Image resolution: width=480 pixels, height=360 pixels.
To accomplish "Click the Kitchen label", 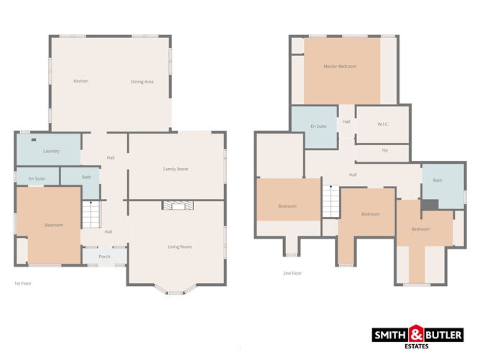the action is coord(81,81).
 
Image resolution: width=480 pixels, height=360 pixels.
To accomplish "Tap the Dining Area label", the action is coord(142,82).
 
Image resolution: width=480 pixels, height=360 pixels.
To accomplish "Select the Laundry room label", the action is coord(51,151).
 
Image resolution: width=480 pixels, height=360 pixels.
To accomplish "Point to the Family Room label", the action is coord(176,169).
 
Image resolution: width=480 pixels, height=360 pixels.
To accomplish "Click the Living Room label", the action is coord(180,246).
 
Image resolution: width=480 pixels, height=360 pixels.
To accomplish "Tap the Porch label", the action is coord(104,257).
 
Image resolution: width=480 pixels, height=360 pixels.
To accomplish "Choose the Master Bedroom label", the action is coord(340,66).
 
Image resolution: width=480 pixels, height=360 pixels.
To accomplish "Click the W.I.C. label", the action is coord(383,124).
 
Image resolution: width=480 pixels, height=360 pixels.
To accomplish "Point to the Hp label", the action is coord(385,150).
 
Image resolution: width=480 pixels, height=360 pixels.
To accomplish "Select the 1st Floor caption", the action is coord(23,283).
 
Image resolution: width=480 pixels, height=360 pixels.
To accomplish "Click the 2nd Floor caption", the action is coord(292,273).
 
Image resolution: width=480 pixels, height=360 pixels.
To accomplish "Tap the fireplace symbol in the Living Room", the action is coord(178,206).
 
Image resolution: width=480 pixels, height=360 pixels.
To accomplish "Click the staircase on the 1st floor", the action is coord(91,214).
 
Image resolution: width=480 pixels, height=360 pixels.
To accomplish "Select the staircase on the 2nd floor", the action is coord(331,201).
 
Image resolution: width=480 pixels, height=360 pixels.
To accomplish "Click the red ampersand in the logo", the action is coord(416,334).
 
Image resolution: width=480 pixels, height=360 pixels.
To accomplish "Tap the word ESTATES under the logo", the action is coord(417,346).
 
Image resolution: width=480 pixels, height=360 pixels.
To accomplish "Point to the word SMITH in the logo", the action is coord(390,335).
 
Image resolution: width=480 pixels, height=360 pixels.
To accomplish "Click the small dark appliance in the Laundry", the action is coord(34,139).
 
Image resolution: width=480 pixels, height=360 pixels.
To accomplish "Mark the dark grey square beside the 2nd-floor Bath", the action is coord(430,205).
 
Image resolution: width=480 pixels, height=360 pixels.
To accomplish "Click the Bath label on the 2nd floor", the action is coord(438,180).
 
